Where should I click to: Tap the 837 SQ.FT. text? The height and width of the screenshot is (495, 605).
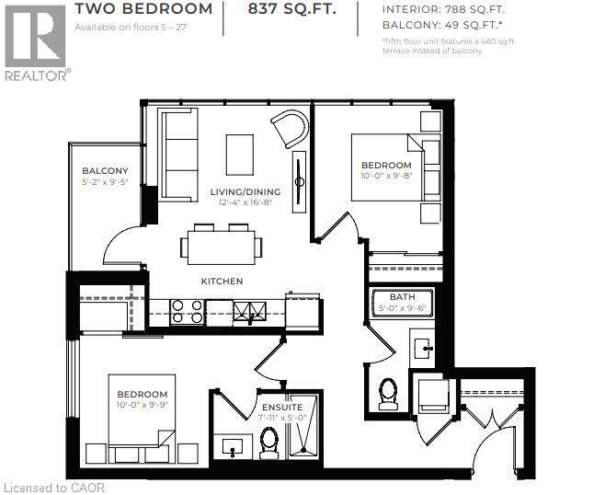(x=291, y=10)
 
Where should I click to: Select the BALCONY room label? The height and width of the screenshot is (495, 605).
(x=105, y=170)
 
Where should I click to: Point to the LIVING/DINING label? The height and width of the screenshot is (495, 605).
(x=245, y=191)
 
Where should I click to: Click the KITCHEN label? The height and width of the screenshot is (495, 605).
(x=223, y=281)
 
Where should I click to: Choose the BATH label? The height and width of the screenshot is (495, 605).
(x=402, y=297)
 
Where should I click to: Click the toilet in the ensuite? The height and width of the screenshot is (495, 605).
(x=268, y=443)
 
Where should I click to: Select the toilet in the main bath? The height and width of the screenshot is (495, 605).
(x=386, y=393)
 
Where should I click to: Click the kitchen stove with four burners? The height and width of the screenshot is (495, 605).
(x=187, y=311)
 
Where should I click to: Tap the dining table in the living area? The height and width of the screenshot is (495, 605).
(x=222, y=244)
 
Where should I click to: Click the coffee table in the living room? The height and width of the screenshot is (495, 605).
(x=240, y=153)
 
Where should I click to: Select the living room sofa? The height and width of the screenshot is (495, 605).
(x=177, y=154)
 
